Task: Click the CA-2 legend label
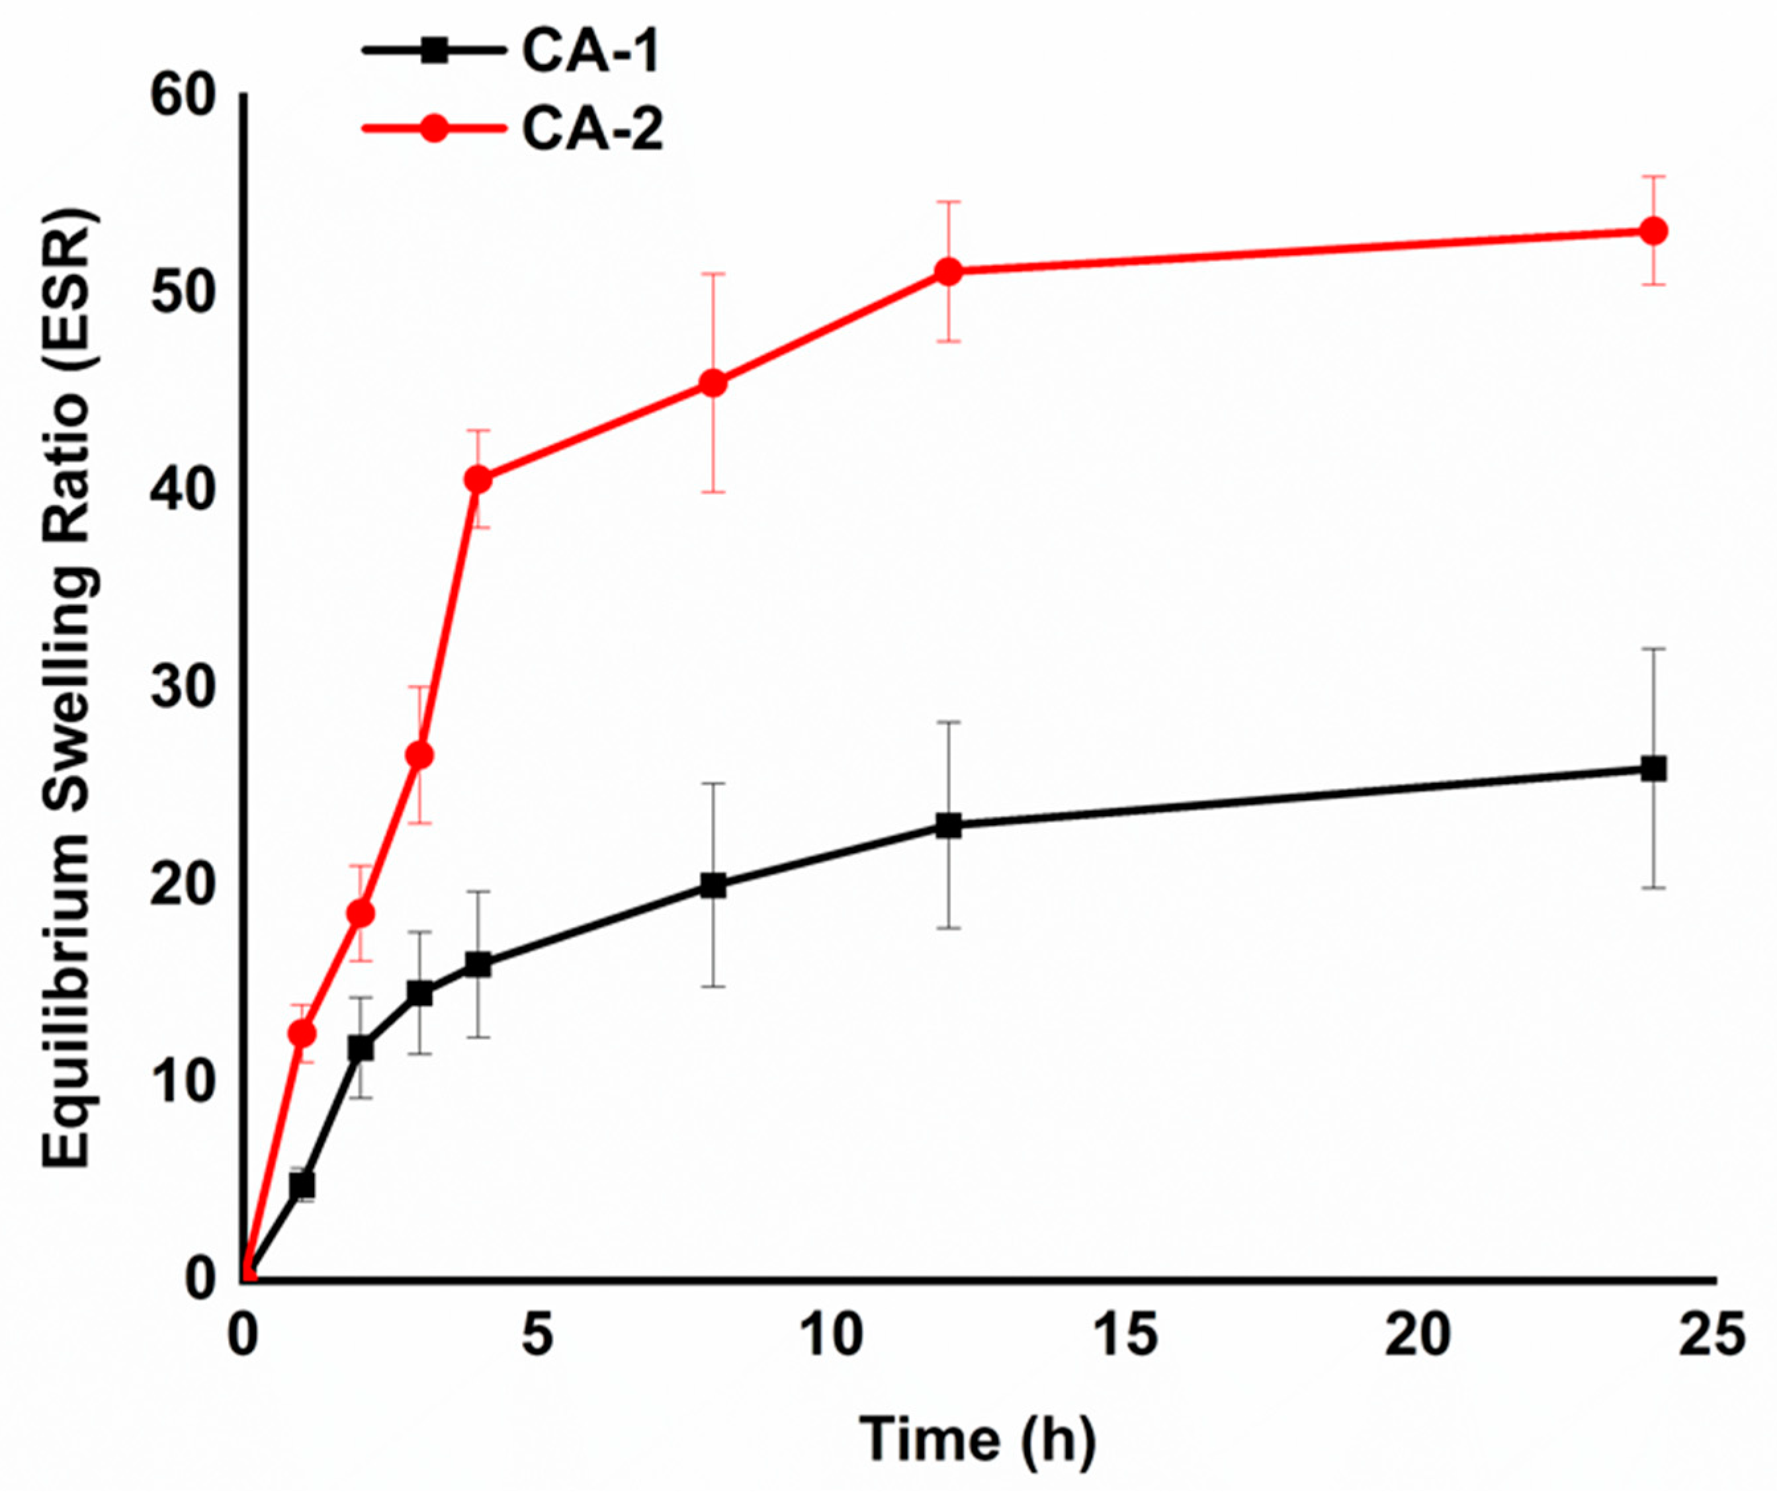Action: (x=592, y=130)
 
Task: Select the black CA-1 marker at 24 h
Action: (x=1653, y=768)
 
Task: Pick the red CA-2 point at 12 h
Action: (x=947, y=272)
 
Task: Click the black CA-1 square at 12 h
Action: (x=947, y=826)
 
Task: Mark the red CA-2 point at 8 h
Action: (x=713, y=383)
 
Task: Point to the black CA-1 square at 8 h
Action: (x=713, y=885)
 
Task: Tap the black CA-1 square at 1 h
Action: (x=302, y=1186)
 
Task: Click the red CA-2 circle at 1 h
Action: (x=302, y=1034)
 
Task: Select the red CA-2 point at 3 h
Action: (x=419, y=755)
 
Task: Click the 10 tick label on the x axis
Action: (x=831, y=1334)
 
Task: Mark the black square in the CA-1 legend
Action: (x=435, y=52)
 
